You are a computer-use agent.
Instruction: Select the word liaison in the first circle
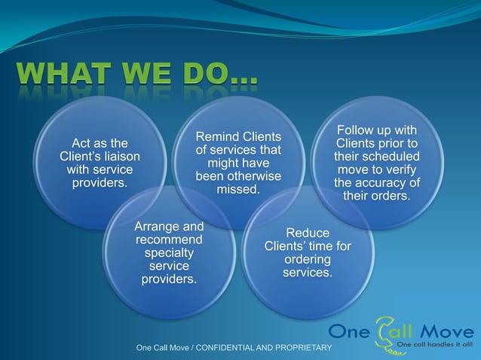[x=121, y=157]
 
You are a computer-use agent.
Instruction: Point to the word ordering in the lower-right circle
[x=307, y=259]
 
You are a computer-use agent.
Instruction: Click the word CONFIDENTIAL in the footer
[x=231, y=348]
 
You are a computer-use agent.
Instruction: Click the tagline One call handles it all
[x=434, y=344]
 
